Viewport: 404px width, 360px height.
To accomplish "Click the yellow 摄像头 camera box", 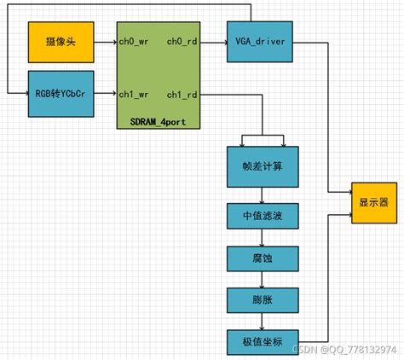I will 60,44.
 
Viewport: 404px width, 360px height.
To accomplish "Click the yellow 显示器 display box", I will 373,203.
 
